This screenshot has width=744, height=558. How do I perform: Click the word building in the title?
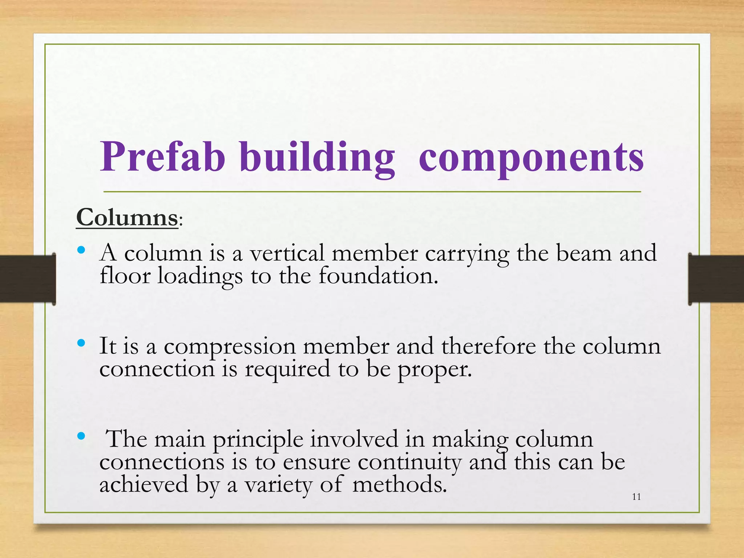[317, 157]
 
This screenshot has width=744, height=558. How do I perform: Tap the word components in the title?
[531, 157]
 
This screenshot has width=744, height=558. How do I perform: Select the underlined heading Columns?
[127, 218]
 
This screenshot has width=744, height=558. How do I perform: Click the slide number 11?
[636, 497]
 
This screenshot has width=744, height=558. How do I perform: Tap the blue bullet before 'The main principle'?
[81, 436]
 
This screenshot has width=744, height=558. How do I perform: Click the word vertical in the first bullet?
[287, 253]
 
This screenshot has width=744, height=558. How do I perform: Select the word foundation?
[378, 276]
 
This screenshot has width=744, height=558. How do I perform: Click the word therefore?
[489, 346]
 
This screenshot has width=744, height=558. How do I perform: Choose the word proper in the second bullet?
[434, 369]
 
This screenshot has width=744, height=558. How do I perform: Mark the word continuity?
[409, 462]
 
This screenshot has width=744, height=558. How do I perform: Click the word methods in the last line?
[399, 485]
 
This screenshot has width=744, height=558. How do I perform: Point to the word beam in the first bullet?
[584, 253]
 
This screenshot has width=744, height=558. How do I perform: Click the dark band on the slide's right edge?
[716, 279]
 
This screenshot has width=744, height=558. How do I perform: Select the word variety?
[278, 486]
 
